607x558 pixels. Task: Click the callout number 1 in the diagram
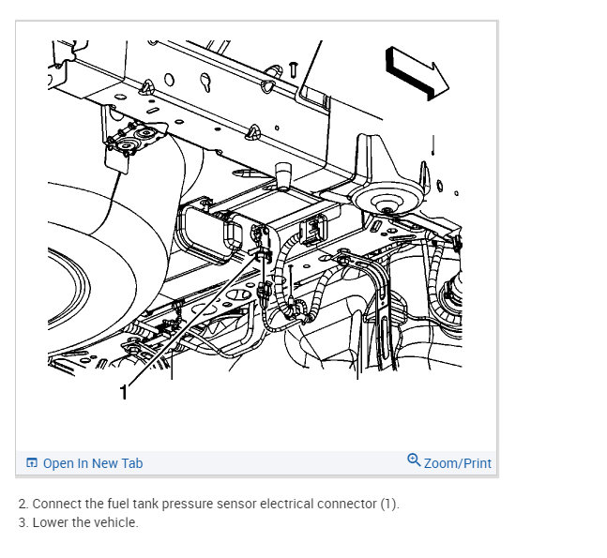(x=123, y=393)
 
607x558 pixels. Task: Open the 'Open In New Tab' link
(x=93, y=463)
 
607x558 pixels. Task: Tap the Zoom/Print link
(x=458, y=463)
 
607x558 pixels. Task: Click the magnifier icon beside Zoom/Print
(x=414, y=460)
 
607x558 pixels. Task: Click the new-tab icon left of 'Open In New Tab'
(x=31, y=463)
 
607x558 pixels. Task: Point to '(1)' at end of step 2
(x=389, y=504)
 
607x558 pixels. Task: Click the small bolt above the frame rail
(x=294, y=68)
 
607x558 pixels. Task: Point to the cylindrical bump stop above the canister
(x=281, y=173)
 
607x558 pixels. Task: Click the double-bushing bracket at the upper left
(x=133, y=140)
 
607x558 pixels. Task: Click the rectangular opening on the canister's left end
(x=204, y=234)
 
